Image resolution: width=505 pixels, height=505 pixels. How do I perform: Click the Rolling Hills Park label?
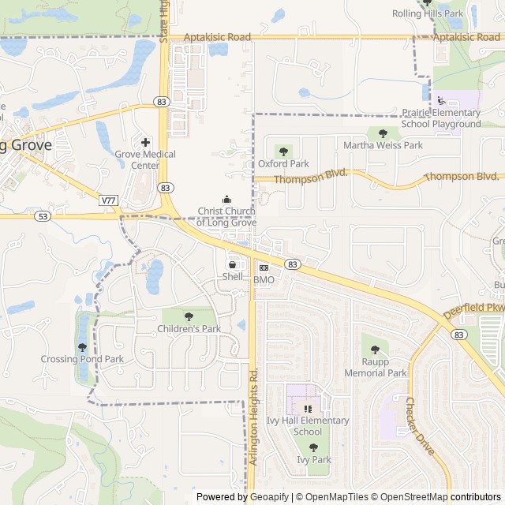pos(428,14)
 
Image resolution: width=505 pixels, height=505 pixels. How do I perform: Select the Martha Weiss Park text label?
pos(383,145)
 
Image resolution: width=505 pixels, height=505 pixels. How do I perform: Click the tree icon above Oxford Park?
pos(283,151)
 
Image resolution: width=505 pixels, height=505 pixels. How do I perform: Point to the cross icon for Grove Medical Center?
pos(145,142)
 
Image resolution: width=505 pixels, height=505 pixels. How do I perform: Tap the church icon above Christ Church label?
pos(227,199)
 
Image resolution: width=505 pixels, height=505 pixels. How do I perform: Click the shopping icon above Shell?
pos(232,264)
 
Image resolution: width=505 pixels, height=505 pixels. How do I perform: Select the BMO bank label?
pos(264,280)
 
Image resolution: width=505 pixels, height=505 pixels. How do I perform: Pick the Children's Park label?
pos(189,328)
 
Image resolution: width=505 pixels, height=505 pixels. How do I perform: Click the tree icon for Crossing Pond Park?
pos(82,347)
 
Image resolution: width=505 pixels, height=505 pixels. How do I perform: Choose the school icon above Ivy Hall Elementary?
pos(308,409)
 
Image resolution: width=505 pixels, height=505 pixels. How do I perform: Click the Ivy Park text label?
pos(314,459)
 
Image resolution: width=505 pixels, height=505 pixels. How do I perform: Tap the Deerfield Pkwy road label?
pos(473,302)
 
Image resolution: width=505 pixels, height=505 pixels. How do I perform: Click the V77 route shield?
pos(109,201)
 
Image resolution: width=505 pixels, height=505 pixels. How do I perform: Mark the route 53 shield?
pos(43,215)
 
